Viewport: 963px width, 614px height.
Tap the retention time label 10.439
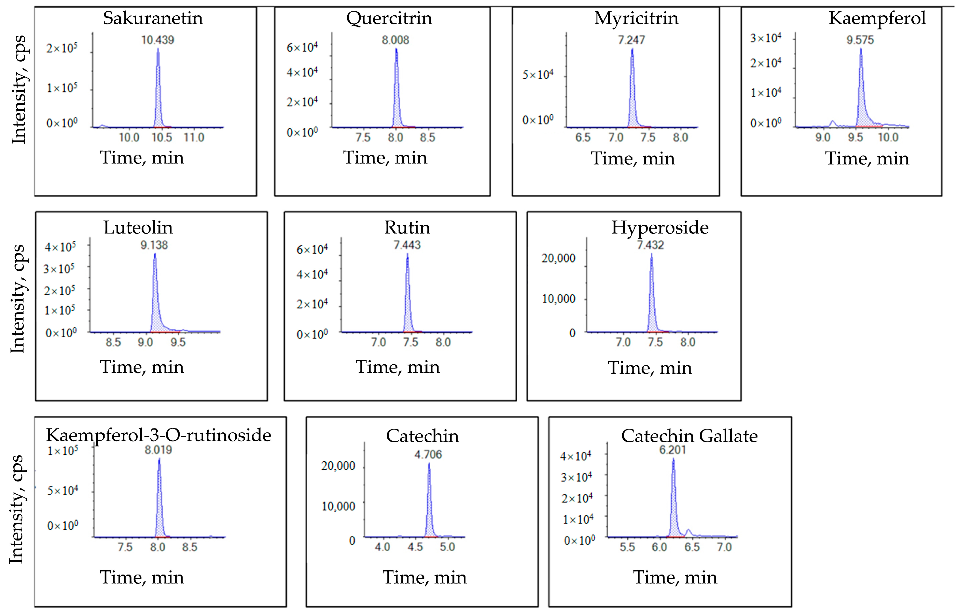158,40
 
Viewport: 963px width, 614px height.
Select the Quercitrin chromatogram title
389,18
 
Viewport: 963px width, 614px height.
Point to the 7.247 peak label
631,40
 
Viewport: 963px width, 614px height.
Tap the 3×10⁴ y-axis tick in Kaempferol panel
765,38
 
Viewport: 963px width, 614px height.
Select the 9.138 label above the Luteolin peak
154,245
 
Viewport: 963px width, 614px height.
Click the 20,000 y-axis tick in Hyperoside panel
558,258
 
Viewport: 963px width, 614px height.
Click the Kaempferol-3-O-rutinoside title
158,435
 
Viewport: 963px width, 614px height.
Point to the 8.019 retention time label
158,450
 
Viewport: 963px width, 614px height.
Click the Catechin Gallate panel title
689,436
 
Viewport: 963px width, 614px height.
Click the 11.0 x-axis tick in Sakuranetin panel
194,137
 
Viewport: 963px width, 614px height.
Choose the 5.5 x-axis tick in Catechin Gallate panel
627,547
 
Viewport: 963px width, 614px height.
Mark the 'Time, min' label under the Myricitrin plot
633,159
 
